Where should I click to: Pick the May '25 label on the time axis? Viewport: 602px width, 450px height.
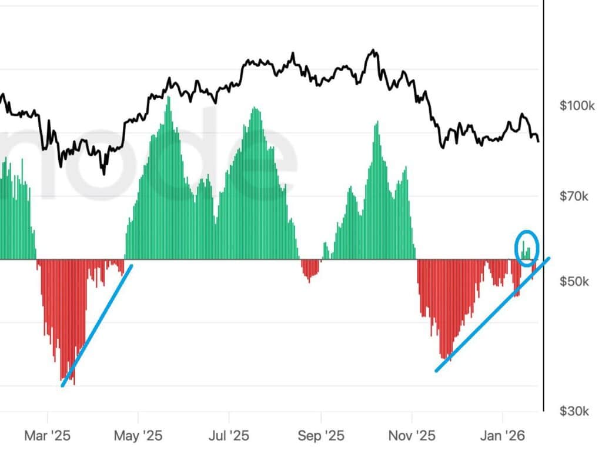[138, 436]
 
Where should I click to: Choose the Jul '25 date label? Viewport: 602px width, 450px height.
[229, 436]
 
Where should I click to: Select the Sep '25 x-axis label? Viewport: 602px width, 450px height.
[320, 436]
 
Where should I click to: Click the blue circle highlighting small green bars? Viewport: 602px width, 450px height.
[526, 247]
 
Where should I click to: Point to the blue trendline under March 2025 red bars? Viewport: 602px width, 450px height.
[97, 325]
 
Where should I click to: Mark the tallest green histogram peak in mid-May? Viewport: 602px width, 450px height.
[169, 99]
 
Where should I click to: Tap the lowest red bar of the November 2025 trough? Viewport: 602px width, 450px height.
[447, 358]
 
